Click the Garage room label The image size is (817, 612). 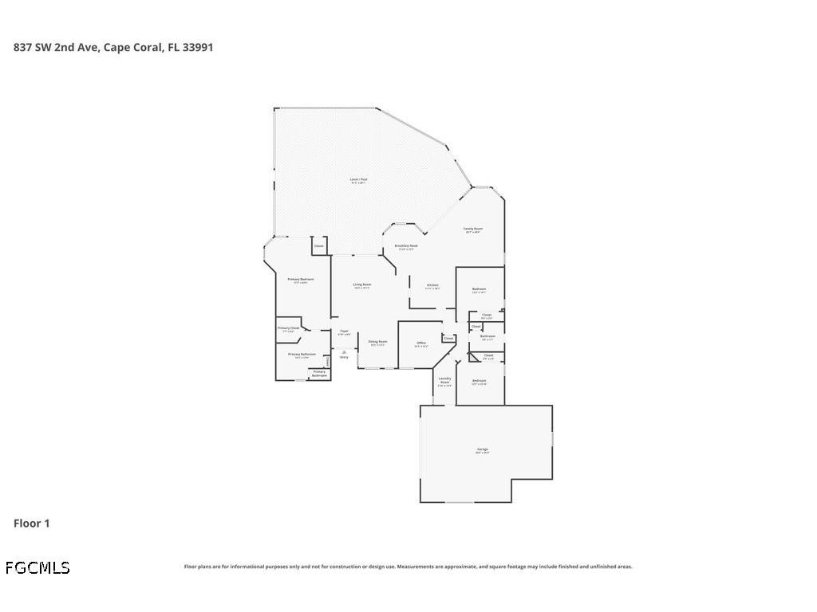[483, 449]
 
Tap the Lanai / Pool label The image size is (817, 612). [359, 180]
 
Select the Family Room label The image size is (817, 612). [473, 229]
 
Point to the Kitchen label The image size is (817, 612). [432, 285]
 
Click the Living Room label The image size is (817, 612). [362, 284]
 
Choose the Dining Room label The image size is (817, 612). [377, 342]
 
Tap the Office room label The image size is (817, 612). [421, 343]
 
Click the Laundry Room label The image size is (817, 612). [444, 380]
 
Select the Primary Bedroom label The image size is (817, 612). [301, 280]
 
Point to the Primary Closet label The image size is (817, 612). [288, 328]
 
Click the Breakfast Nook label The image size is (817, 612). [407, 246]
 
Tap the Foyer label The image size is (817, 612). [344, 331]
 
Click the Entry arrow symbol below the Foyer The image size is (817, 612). [344, 351]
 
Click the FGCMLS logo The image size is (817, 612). [37, 568]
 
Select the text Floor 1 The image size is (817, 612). [32, 524]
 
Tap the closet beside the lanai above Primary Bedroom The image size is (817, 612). [319, 246]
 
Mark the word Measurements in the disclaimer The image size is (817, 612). [416, 567]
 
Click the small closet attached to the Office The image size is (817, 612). [448, 338]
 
